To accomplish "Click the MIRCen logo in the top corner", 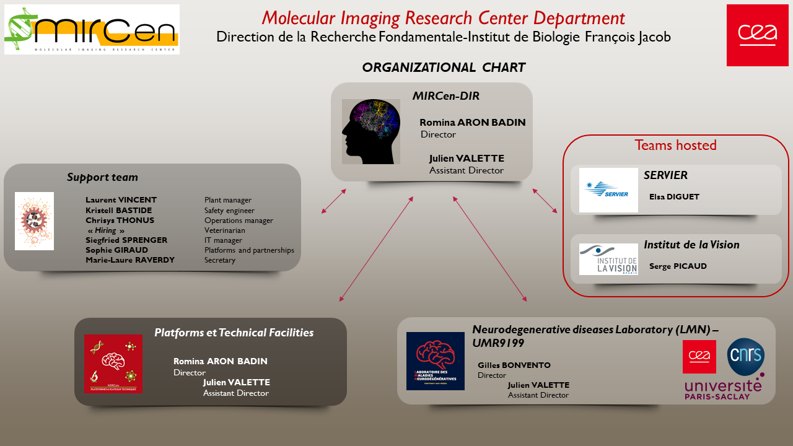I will tap(92, 29).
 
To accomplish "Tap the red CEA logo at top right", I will tap(757, 35).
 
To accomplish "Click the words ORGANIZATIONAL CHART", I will tap(444, 68).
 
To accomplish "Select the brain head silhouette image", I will tap(370, 131).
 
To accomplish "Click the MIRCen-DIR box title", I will tap(446, 96).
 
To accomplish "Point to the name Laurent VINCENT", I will tap(121, 200).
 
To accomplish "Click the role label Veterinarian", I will tap(225, 230).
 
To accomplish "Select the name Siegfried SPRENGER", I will tap(126, 240).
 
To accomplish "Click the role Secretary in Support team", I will tap(220, 260).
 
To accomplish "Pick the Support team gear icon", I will tap(34, 221).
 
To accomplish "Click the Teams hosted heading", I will tap(675, 146).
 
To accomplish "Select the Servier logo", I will tap(608, 190).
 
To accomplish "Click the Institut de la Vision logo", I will tap(608, 259).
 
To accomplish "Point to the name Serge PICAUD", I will tap(678, 266).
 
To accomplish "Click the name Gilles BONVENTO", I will tap(514, 365).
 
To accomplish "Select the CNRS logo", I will tap(746, 356).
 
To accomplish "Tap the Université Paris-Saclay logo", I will tap(723, 388).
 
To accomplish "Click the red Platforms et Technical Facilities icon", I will tap(113, 364).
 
